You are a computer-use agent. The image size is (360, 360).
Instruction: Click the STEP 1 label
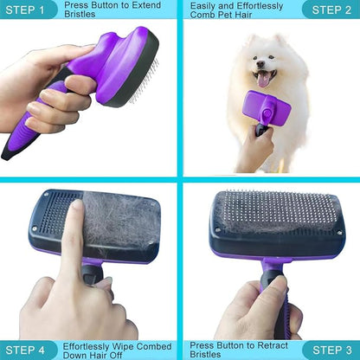pos(29,10)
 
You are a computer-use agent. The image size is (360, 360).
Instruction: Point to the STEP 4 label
pos(29,350)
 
